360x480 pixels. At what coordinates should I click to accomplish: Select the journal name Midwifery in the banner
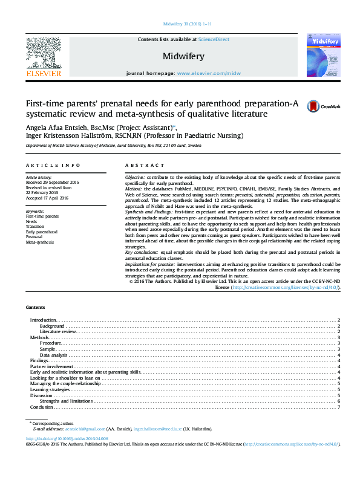pyautogui.click(x=183, y=56)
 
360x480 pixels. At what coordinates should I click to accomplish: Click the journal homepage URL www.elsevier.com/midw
pyautogui.click(x=208, y=73)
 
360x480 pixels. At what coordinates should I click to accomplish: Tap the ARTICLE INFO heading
pyautogui.click(x=53, y=165)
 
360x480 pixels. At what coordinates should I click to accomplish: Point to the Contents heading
pyautogui.click(x=36, y=307)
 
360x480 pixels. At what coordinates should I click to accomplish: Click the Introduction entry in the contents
pyautogui.click(x=44, y=319)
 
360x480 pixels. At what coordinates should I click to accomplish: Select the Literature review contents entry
pyautogui.click(x=58, y=331)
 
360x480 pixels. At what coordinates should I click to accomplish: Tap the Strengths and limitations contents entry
pyautogui.click(x=66, y=401)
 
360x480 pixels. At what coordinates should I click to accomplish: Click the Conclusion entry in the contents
pyautogui.click(x=42, y=407)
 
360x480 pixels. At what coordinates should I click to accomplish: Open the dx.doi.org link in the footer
pyautogui.click(x=67, y=438)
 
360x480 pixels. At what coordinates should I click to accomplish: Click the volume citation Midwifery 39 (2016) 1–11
pyautogui.click(x=188, y=24)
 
